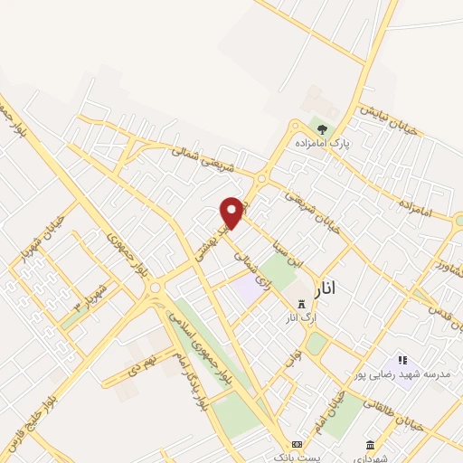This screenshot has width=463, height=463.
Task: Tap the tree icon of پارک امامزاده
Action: tap(323, 129)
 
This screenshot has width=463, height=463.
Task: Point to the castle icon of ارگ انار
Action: tap(301, 304)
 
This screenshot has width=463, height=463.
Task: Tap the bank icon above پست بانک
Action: tap(297, 444)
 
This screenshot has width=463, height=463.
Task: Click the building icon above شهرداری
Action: tap(371, 444)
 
